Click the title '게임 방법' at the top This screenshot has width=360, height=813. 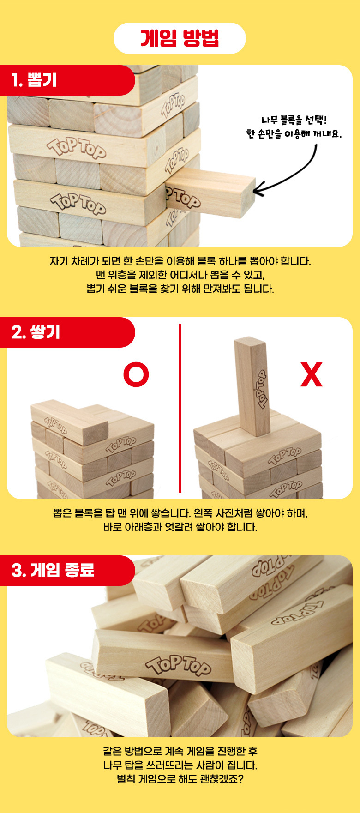tap(180, 38)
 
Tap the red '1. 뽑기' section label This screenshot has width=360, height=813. tap(35, 80)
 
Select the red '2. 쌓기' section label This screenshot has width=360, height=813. tap(36, 332)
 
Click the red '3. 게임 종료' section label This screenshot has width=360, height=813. tap(53, 570)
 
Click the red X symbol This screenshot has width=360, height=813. tap(312, 375)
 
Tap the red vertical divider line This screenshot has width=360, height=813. tap(180, 408)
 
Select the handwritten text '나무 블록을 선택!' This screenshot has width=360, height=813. tap(294, 120)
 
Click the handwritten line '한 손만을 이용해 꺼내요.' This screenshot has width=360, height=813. tap(294, 134)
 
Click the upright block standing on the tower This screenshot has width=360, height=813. tap(252, 385)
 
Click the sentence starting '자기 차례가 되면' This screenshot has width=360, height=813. tap(180, 261)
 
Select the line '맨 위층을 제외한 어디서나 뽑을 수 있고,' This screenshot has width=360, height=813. tap(180, 275)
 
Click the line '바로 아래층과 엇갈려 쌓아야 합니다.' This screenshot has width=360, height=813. tap(180, 527)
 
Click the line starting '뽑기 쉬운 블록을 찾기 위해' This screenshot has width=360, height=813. tap(180, 289)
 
